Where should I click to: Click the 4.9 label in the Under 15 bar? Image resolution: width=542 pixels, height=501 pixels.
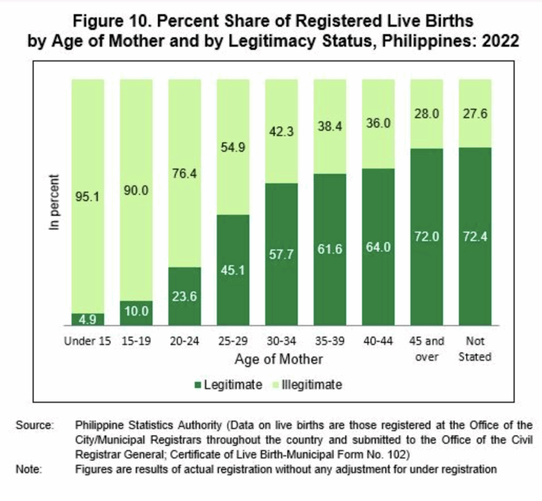pos(88,320)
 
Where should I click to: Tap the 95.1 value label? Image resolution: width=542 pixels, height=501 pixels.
pos(87,197)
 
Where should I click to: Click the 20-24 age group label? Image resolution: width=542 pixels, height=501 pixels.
pos(185,341)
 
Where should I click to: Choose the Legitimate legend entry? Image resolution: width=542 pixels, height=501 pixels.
pos(229,385)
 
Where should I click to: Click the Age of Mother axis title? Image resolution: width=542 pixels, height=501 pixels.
pos(279,359)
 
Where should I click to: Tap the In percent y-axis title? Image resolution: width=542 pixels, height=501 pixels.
pos(54,202)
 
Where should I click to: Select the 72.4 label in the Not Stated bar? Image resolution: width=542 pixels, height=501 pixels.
pos(475,236)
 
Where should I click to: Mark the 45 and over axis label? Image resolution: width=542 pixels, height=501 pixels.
pos(427,349)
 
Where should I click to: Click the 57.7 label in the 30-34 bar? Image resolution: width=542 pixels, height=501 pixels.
pos(281,254)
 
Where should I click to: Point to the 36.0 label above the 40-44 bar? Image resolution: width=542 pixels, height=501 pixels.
pos(378,123)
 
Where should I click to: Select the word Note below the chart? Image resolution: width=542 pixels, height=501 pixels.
pos(29,469)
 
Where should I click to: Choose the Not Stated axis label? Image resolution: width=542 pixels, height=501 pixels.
pos(475,349)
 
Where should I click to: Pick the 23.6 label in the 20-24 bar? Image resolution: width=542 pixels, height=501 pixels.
pos(184,296)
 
